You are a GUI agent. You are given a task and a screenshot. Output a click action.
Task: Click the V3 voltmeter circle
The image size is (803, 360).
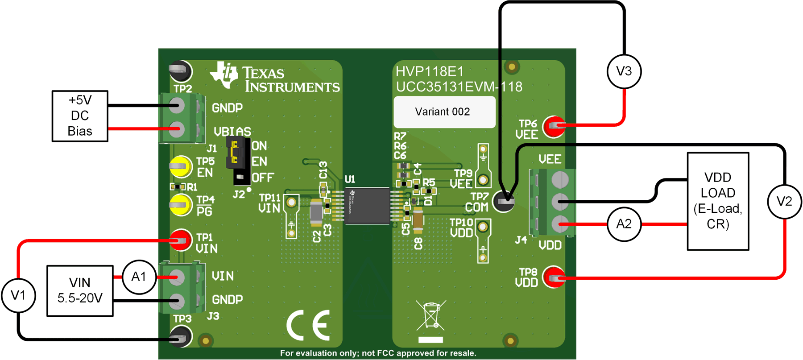(624, 71)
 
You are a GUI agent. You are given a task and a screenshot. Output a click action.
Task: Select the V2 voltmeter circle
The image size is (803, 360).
(784, 202)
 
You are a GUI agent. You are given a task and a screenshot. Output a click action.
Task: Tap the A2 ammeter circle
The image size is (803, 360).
(624, 224)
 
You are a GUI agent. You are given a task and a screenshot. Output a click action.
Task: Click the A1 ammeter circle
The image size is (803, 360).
(139, 277)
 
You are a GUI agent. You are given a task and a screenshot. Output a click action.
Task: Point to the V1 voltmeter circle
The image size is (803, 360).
(18, 295)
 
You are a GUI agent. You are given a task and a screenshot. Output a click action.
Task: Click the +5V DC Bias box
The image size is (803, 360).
(80, 116)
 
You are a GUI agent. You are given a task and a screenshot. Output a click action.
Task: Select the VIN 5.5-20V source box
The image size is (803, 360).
(80, 291)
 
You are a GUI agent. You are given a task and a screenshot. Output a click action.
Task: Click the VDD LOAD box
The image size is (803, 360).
(717, 201)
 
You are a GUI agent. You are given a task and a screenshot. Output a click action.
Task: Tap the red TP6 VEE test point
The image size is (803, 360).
(554, 126)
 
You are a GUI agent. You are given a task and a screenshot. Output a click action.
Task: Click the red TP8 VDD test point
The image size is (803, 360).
(554, 277)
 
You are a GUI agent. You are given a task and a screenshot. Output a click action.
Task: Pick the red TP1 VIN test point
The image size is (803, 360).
(181, 240)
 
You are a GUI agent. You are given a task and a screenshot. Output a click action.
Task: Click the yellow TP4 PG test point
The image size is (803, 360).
(181, 205)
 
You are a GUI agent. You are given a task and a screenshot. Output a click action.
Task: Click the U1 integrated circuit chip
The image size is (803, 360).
(367, 206)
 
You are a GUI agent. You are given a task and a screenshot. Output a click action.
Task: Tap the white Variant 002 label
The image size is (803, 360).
(444, 112)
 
